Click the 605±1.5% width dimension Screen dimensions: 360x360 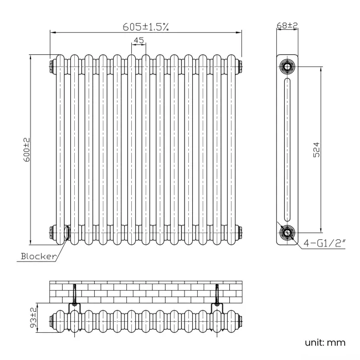click(x=146, y=26)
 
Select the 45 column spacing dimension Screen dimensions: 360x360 click(x=138, y=40)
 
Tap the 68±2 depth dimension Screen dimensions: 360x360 click(x=287, y=25)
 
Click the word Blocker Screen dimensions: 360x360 click(x=38, y=256)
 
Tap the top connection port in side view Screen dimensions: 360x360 click(x=287, y=66)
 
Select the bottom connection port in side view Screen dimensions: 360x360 click(x=287, y=233)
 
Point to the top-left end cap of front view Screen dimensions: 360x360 click(x=52, y=66)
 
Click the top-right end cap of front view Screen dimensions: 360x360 click(x=240, y=66)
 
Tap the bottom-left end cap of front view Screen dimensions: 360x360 click(x=52, y=233)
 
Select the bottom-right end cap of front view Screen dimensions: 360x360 click(x=240, y=233)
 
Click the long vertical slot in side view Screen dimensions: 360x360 click(x=287, y=150)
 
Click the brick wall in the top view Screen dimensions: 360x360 click(x=145, y=291)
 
